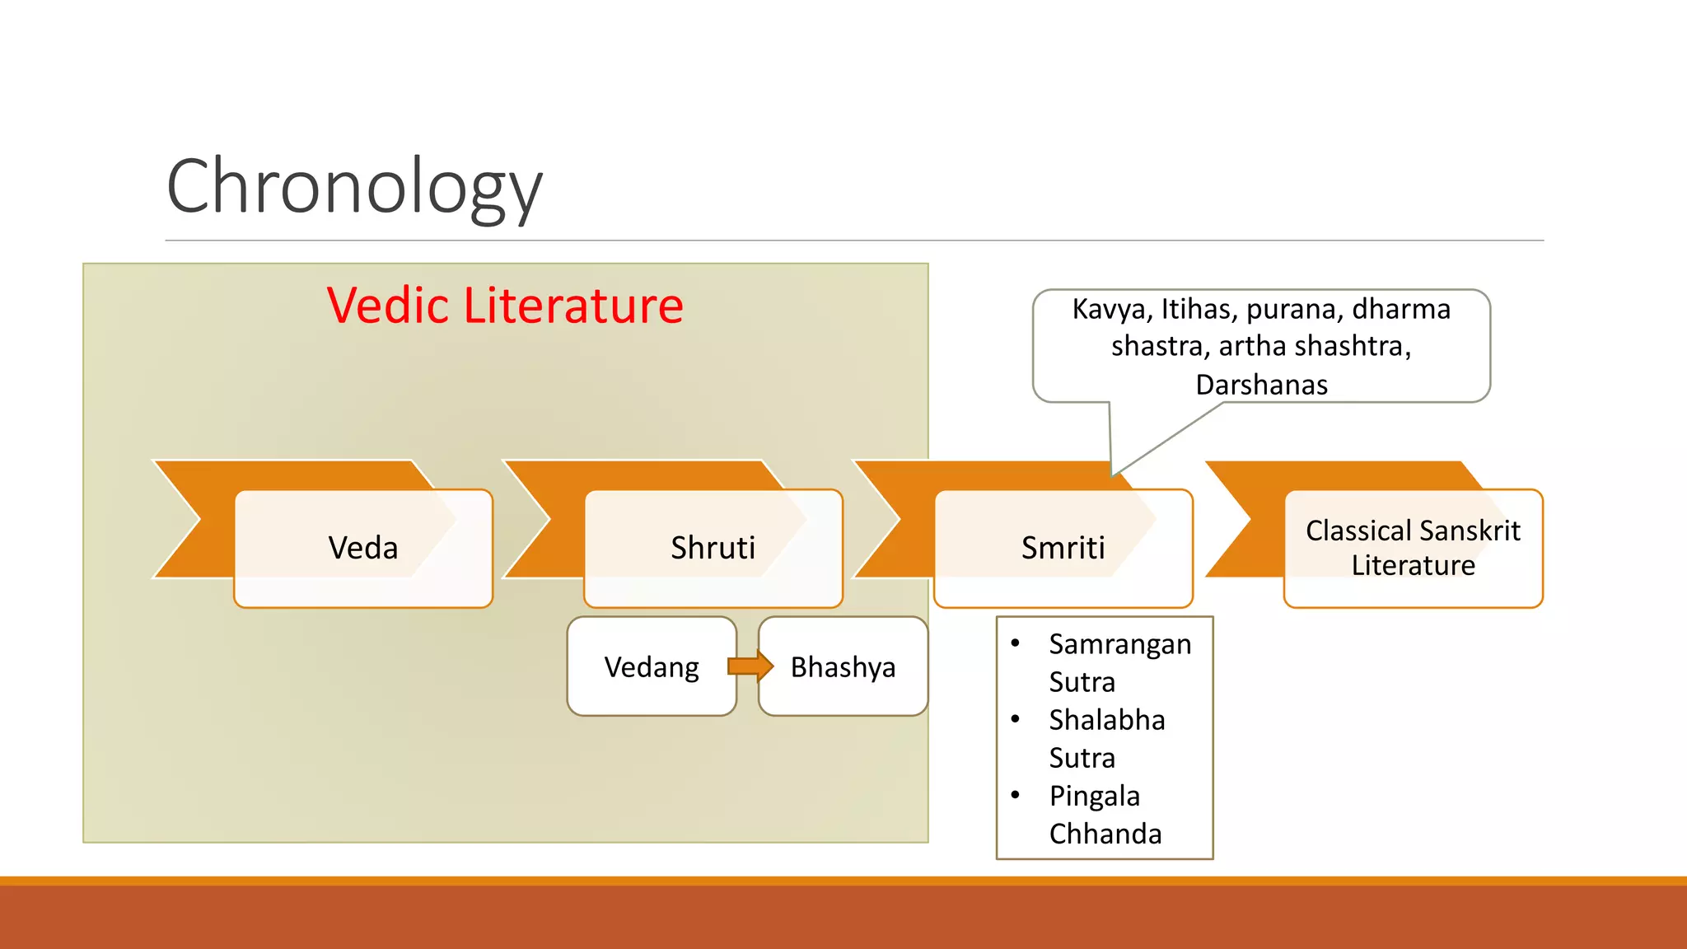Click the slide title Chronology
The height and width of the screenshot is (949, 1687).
click(354, 188)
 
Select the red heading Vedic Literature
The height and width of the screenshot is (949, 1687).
click(504, 306)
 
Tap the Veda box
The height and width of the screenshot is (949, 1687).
click(363, 548)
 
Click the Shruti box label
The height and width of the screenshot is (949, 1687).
click(713, 548)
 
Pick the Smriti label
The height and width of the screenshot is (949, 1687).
click(1063, 548)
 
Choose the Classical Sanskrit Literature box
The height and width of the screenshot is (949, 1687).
click(1413, 548)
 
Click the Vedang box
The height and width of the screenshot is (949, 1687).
click(651, 666)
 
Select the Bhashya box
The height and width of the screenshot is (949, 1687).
click(843, 666)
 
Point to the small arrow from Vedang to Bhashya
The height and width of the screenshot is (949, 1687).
click(750, 666)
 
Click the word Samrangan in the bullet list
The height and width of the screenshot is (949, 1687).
click(1119, 644)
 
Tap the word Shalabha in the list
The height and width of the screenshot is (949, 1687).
click(1106, 720)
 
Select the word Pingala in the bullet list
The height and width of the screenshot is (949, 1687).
click(1094, 796)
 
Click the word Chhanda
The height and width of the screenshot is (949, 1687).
click(1105, 834)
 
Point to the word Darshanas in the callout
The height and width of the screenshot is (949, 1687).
click(1261, 385)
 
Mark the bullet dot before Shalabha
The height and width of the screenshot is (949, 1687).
click(1016, 719)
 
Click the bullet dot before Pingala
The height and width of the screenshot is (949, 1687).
click(1016, 795)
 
